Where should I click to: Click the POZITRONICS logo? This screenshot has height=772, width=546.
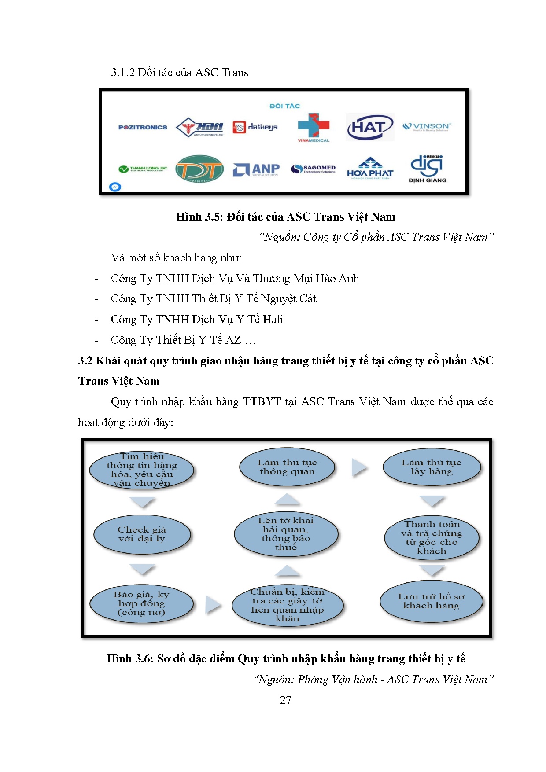[x=143, y=127]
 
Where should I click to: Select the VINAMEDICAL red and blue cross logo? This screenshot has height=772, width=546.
[x=314, y=127]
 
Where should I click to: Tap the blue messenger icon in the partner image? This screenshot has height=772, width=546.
[x=115, y=187]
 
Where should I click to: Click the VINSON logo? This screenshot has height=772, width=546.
[x=427, y=127]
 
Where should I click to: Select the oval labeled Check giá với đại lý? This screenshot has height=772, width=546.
[x=142, y=534]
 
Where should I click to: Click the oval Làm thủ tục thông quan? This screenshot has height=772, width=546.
[x=287, y=467]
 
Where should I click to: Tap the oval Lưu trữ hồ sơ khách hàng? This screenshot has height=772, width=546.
[x=431, y=601]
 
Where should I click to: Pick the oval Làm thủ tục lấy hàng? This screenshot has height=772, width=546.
[x=432, y=467]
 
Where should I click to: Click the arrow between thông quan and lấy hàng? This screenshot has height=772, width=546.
[x=359, y=467]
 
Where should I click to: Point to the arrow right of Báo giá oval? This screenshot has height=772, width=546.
[x=213, y=605]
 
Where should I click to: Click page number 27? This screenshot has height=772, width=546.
[x=285, y=700]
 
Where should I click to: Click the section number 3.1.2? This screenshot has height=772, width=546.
[x=123, y=73]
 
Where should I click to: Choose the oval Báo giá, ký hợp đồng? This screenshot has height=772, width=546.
[x=141, y=603]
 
